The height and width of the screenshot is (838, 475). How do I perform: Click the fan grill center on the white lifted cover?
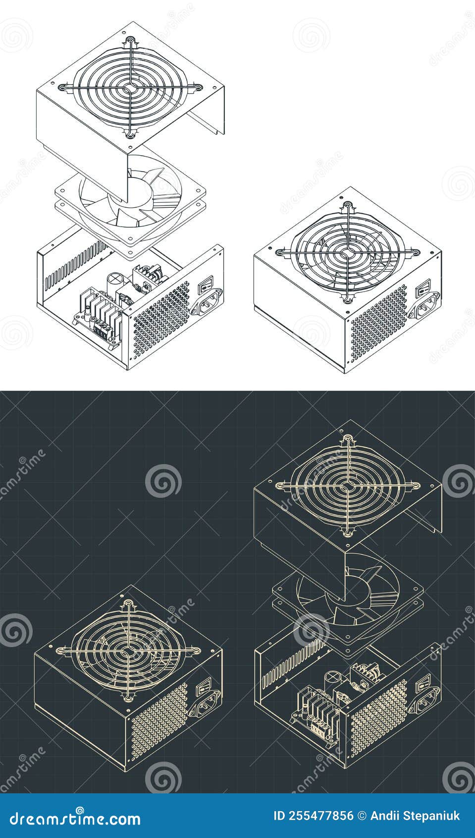[129, 88]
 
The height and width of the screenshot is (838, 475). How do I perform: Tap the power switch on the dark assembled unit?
[203, 689]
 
